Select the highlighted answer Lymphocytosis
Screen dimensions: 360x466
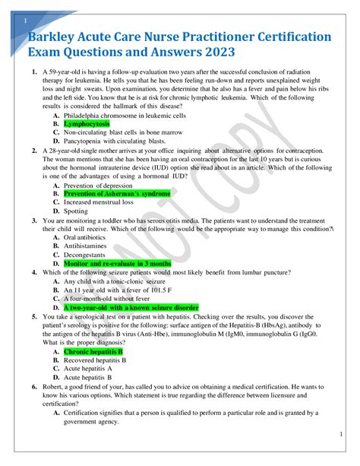click(87, 123)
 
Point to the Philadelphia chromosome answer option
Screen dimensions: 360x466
click(124, 114)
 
